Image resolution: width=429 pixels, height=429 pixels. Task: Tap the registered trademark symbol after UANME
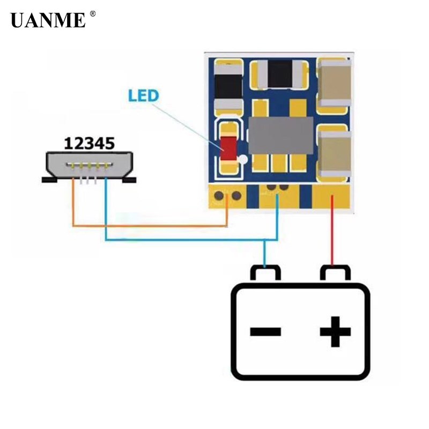[x=92, y=14]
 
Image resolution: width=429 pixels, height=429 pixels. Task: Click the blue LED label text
[x=143, y=96]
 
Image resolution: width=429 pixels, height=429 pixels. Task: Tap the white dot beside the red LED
[x=243, y=159]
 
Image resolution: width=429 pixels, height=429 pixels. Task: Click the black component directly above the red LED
[x=228, y=86]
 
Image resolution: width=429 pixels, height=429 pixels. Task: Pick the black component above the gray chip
[x=280, y=74]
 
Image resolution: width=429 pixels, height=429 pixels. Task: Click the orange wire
[x=150, y=226]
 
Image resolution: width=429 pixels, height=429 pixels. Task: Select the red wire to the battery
[x=332, y=236]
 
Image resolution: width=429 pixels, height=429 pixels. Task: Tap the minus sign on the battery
[x=265, y=331]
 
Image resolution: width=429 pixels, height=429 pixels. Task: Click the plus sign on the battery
[x=335, y=331]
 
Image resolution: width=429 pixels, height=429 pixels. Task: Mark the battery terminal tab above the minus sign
[x=265, y=273]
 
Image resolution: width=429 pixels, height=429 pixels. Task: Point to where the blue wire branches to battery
[x=264, y=240]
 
